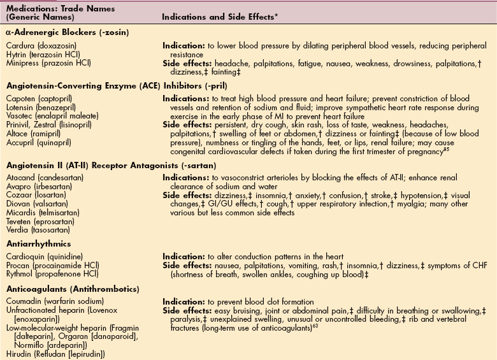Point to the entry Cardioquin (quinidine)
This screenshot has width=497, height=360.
[41, 257]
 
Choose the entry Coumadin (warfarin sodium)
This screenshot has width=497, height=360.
[48, 302]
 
